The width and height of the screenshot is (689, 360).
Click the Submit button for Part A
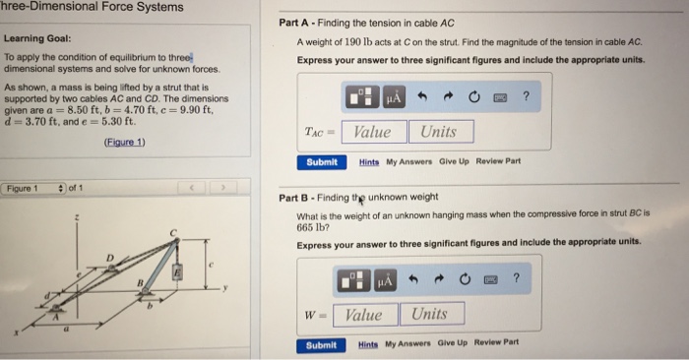[321, 161]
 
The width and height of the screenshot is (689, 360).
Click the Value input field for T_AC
[372, 132]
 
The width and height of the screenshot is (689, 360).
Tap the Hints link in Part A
[369, 161]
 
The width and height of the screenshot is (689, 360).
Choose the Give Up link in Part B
[453, 344]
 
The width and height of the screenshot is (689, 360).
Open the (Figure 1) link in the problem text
[124, 142]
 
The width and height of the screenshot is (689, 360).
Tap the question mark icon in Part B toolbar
[516, 279]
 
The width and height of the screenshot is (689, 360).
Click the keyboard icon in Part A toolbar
[501, 96]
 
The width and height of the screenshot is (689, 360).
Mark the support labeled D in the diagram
[110, 259]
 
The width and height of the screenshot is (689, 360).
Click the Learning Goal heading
[35, 38]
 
